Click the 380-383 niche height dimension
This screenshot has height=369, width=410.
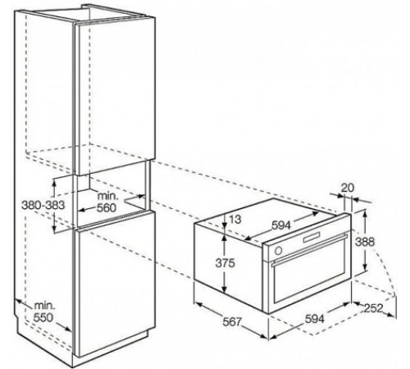pos(43,205)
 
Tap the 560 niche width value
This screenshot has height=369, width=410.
pos(107,208)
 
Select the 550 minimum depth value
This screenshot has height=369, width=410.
pos(43,317)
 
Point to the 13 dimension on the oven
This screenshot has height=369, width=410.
pos(235,219)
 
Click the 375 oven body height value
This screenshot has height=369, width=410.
pos(225,263)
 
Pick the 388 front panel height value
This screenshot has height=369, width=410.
pos(365,242)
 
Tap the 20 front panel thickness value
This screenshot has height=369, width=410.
pos(348,188)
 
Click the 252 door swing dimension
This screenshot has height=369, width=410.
pos(374,308)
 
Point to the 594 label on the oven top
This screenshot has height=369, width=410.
pos(281,225)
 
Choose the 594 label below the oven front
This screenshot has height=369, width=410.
pos(315,319)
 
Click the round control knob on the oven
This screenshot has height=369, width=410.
pos(279,250)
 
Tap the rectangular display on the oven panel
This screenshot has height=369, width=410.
pos(311,237)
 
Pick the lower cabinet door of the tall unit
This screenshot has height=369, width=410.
pos(115,285)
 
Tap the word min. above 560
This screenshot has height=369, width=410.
pos(108,196)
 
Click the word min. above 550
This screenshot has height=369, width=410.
pos(44,306)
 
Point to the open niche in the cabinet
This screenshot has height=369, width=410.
pos(112,194)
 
